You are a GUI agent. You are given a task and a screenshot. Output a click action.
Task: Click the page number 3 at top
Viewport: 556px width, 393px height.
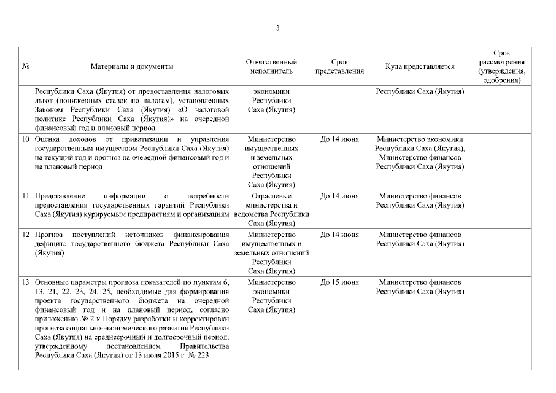pos(278,28)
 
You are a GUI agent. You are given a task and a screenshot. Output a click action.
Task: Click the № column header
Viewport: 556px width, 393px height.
pos(26,66)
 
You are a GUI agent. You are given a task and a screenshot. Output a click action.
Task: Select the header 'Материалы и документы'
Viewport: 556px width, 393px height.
pos(131,66)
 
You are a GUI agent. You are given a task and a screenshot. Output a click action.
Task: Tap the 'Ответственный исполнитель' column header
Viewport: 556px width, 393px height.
pos(271,66)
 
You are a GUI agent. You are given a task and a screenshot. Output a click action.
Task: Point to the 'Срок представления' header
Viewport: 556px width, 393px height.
pos(339,66)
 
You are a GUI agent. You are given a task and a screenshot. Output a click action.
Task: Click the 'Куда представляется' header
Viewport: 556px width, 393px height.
pos(420,66)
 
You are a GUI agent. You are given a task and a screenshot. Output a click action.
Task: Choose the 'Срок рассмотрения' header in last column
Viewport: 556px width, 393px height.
pos(501,66)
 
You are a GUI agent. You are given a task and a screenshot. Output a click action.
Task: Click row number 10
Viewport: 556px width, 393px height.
pos(26,140)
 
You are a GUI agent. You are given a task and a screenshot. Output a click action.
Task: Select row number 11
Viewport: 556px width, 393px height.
pos(26,196)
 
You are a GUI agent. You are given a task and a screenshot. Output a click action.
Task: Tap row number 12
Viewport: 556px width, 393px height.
pos(26,235)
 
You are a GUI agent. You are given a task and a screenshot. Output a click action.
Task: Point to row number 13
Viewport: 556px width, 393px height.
pos(26,282)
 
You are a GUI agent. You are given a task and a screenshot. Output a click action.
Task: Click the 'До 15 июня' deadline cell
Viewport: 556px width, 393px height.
pos(339,282)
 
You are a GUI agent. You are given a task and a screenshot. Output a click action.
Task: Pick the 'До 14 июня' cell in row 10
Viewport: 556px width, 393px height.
pos(339,140)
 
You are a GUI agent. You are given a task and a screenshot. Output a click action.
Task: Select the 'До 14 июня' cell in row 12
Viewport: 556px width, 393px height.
pos(339,235)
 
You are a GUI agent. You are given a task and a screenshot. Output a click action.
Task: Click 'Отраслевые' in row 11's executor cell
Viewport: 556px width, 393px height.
pos(271,196)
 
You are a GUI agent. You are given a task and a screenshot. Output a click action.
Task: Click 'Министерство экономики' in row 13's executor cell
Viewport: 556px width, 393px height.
pos(271,287)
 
